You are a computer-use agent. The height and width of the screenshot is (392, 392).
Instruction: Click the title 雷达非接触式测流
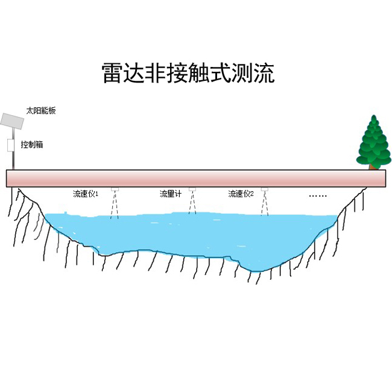point(188,73)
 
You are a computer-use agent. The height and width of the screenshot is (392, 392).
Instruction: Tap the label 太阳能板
point(41,110)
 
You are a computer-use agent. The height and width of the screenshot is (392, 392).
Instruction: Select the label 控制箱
point(32,145)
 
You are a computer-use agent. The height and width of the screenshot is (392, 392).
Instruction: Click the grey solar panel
point(12,121)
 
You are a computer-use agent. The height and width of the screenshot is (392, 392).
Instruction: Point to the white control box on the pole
point(10,145)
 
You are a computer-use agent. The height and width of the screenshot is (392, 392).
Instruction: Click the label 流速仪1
point(86,194)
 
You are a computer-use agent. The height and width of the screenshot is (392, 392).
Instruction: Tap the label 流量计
point(170,194)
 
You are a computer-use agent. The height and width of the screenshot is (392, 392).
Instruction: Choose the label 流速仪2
point(241,194)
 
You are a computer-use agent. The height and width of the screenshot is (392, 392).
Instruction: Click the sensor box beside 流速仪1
point(115,189)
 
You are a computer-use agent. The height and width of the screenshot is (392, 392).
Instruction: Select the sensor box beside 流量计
point(192,189)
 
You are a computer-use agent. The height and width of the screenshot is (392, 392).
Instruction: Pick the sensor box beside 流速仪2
point(265,189)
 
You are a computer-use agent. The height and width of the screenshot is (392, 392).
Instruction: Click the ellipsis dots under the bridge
point(318,196)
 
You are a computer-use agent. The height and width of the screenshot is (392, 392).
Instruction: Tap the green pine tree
point(374,142)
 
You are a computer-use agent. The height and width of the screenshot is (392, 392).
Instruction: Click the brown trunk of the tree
point(373,166)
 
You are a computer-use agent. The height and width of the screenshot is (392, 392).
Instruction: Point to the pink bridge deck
point(196,179)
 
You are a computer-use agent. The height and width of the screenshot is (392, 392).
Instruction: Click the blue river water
point(190,235)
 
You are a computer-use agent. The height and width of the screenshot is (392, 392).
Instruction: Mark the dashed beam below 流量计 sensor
point(192,203)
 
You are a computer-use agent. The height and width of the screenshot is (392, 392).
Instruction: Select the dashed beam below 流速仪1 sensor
point(115,205)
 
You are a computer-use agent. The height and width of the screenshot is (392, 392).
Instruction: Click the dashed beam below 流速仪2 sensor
point(265,203)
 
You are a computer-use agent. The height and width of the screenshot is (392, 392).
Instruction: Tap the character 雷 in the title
point(112,73)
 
